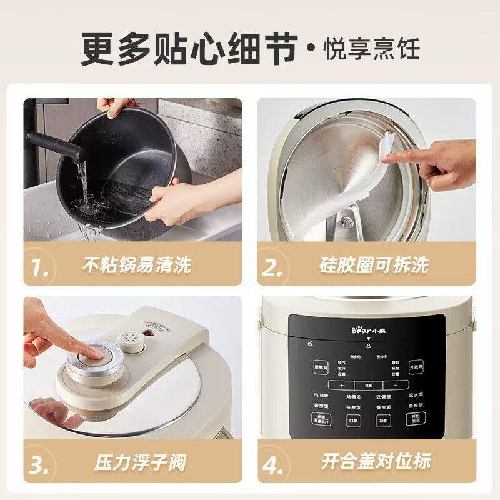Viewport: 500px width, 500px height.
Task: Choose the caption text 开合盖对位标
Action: coord(376,462)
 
